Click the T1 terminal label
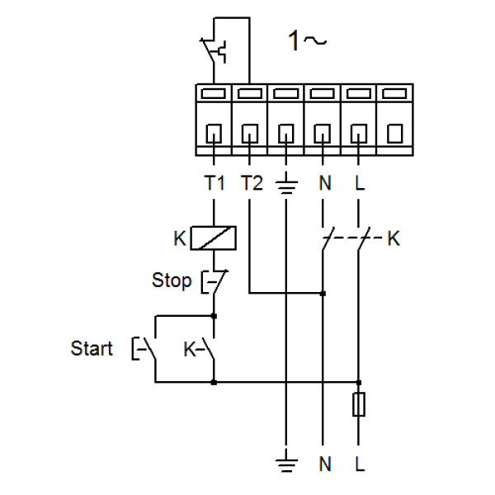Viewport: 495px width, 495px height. click(x=214, y=183)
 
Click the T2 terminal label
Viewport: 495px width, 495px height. click(x=252, y=183)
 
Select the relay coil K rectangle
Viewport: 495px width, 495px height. click(x=214, y=238)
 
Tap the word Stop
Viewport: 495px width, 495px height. click(x=172, y=280)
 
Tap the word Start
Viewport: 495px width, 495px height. click(x=92, y=349)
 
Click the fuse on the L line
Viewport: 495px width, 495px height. click(x=359, y=405)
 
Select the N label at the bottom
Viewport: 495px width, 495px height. click(x=323, y=464)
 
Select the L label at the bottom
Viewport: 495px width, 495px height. click(x=359, y=464)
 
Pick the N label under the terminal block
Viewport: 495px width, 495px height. click(x=323, y=183)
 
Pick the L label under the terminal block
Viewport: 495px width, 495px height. click(x=359, y=183)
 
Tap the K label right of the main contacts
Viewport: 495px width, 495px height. click(x=394, y=239)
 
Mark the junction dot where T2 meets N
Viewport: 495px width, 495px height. click(x=323, y=293)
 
